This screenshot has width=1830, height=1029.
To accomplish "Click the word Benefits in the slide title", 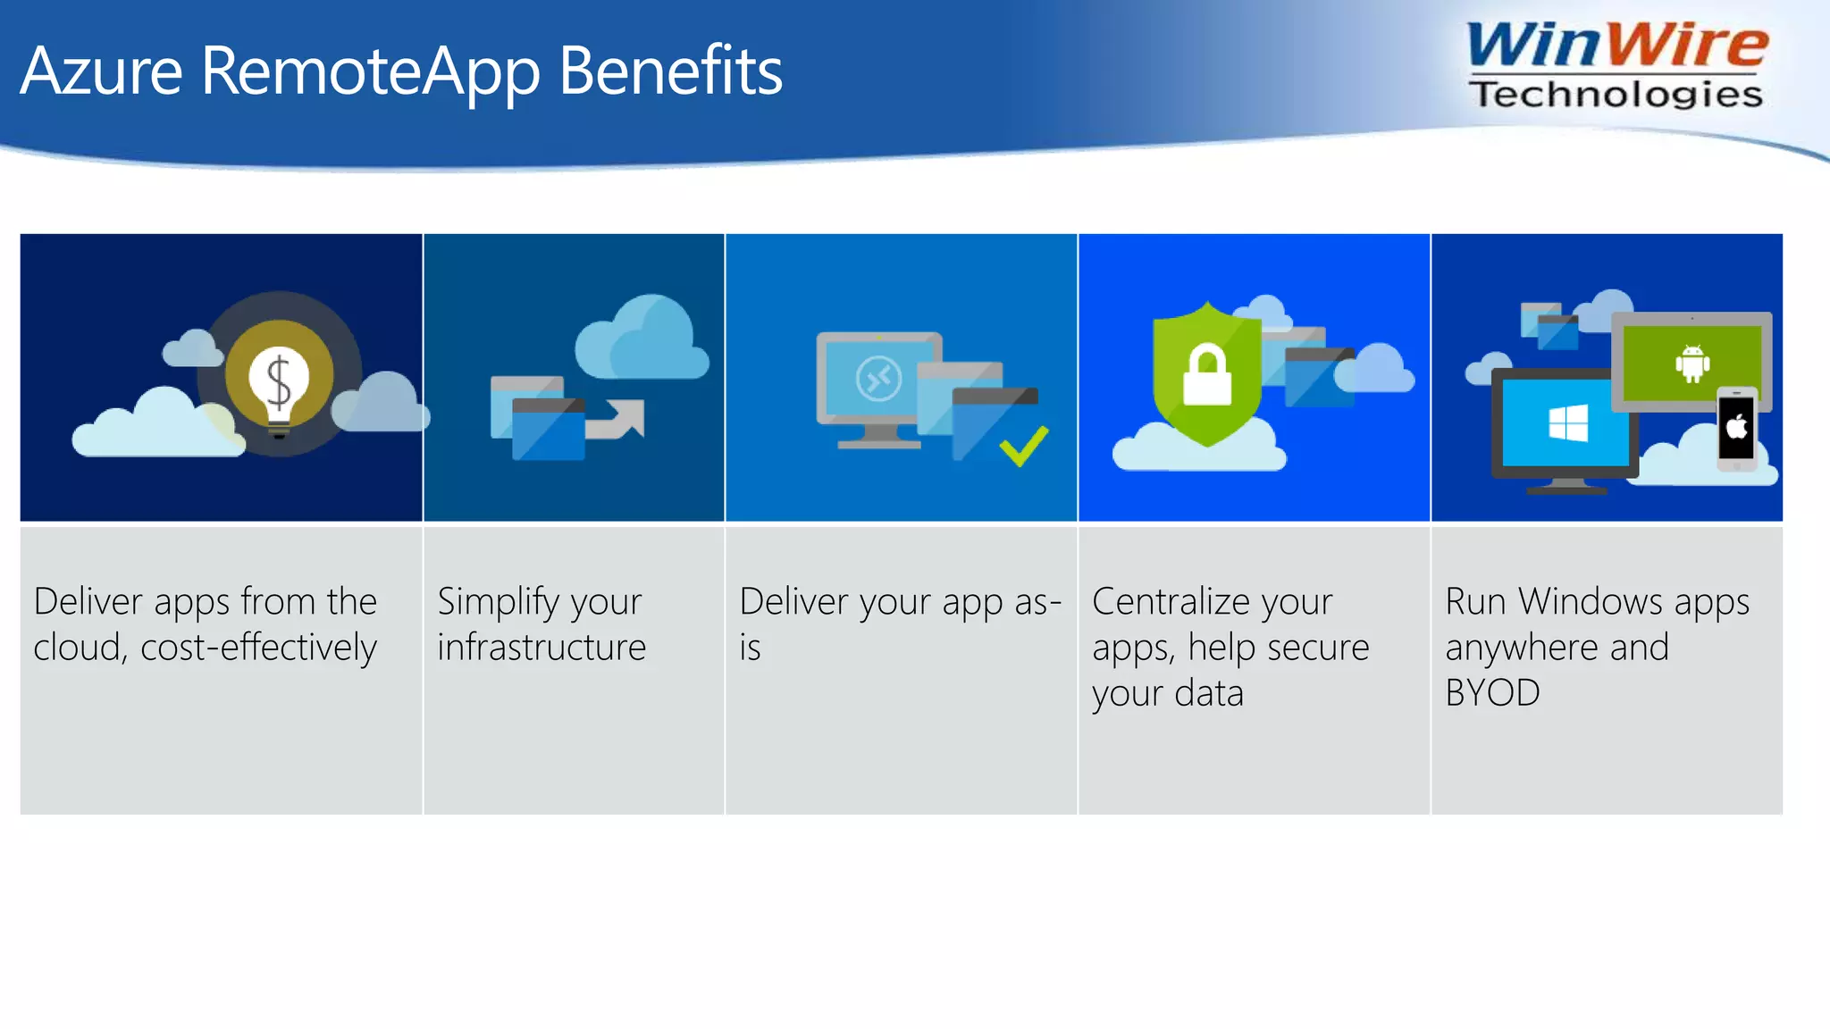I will click(x=670, y=71).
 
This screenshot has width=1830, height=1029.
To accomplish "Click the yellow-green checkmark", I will click(x=1024, y=445).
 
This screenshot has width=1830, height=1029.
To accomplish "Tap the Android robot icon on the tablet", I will click(x=1692, y=364).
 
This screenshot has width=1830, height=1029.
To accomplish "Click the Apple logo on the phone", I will click(x=1736, y=428).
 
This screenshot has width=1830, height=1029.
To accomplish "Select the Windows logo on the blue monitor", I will click(x=1568, y=422).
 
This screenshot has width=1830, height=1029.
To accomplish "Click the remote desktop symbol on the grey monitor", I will click(x=878, y=381).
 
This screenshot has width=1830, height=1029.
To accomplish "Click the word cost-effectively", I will click(x=258, y=648).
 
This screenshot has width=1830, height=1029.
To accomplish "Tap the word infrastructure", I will click(x=541, y=648).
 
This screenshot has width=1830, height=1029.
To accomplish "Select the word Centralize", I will click(x=1163, y=602).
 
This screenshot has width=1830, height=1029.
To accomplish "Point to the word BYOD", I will click(x=1492, y=693).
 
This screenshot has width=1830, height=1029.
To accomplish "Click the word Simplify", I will click(x=492, y=602).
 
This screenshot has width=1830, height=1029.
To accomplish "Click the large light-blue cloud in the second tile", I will click(x=641, y=340).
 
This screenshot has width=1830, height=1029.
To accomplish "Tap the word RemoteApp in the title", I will click(x=370, y=71).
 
